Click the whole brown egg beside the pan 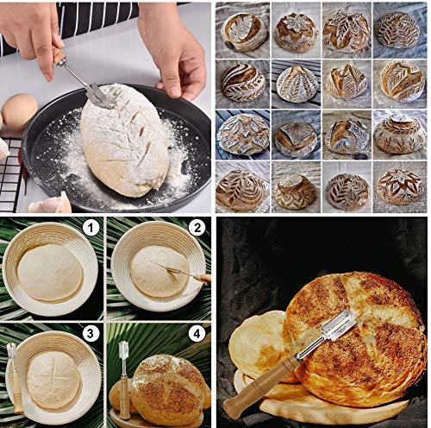coord(20,112)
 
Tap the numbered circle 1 coord(91,229)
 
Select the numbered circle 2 coord(197,228)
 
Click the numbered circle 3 coord(91,334)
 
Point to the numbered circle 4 coord(197,334)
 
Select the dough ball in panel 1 coord(50,273)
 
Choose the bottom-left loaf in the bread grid coord(240,191)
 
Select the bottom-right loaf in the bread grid coord(399,187)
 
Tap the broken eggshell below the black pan coord(51,204)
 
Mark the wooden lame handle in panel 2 coord(203,278)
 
